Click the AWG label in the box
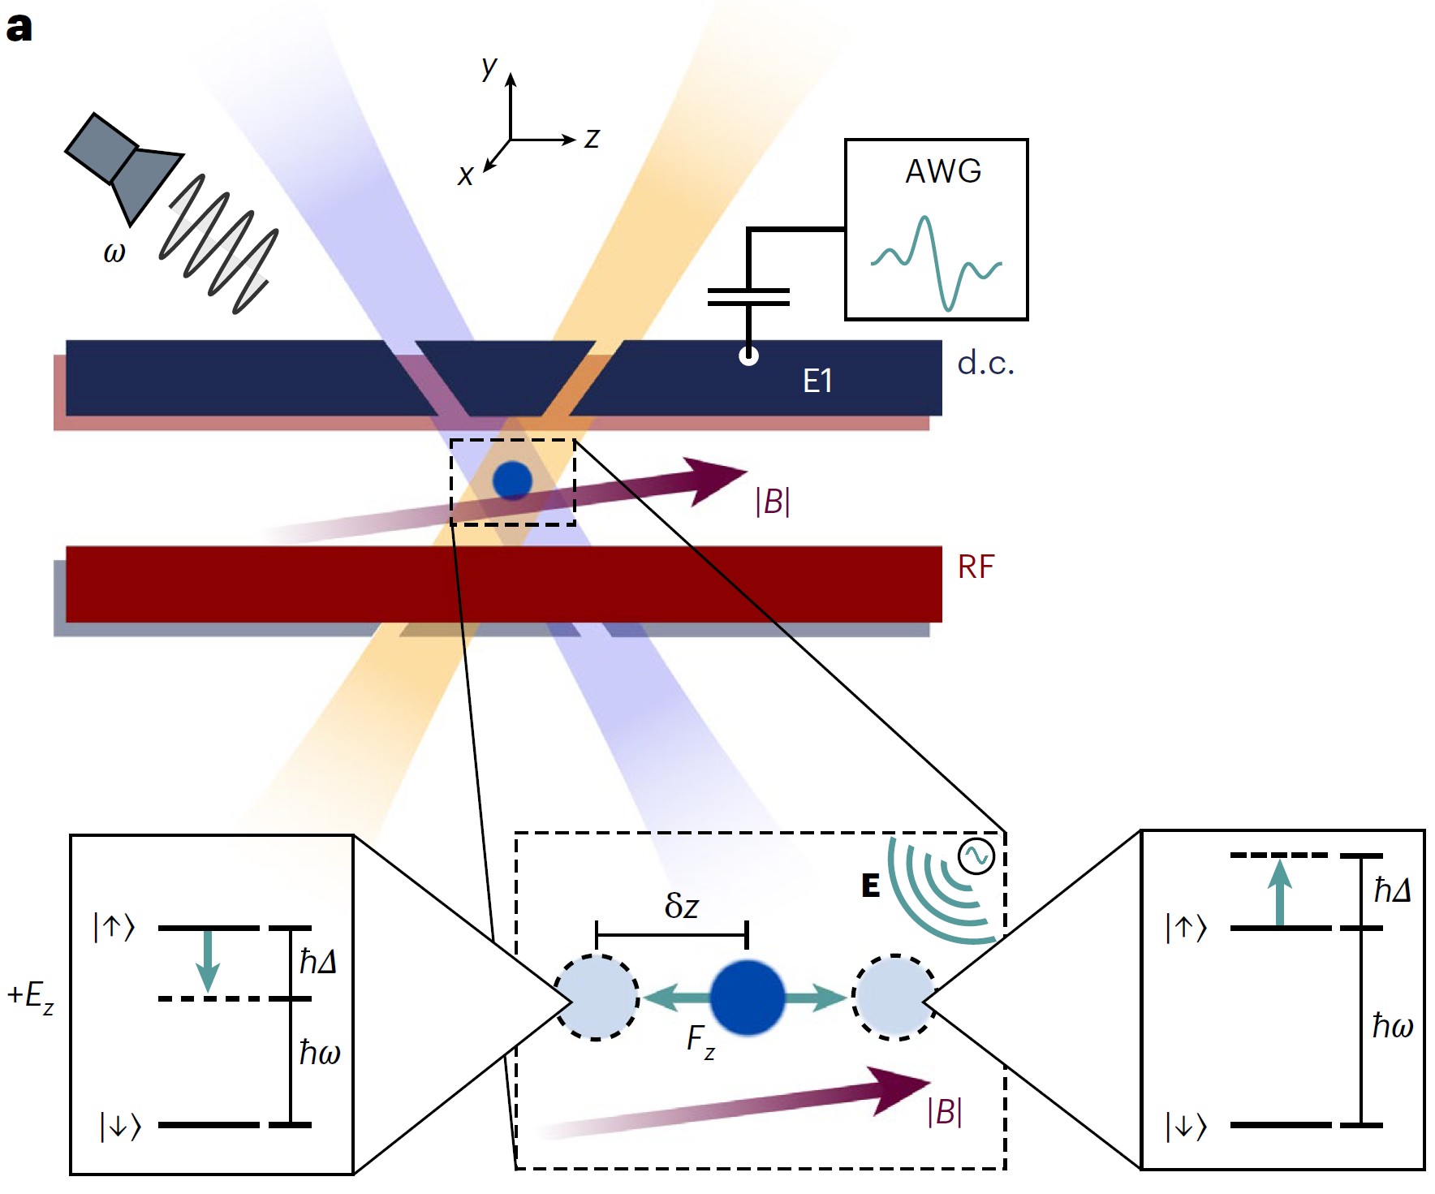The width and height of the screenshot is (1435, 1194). [x=943, y=171]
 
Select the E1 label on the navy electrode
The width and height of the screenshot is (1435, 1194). [x=817, y=381]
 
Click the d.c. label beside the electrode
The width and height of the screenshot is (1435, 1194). [x=985, y=363]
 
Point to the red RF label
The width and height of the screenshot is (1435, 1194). [x=976, y=567]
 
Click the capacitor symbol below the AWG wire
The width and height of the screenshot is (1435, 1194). [x=748, y=297]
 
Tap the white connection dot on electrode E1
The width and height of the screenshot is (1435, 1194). [x=748, y=356]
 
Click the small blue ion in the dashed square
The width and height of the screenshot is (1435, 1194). [x=512, y=480]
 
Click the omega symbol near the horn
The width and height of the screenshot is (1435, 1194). [x=114, y=252]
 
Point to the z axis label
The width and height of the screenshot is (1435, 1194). [x=592, y=139]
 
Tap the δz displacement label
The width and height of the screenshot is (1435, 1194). [x=681, y=905]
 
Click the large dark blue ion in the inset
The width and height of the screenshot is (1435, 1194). [x=747, y=998]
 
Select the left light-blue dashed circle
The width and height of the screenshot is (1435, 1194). [x=597, y=998]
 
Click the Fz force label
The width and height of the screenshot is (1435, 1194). [x=700, y=1041]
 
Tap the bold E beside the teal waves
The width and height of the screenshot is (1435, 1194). [x=870, y=886]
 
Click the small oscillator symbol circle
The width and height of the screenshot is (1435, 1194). [x=976, y=856]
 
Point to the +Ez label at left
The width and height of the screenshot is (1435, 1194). [x=31, y=996]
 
